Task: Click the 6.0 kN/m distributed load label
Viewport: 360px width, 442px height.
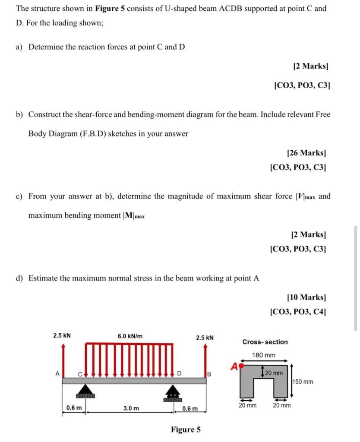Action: pos(130,336)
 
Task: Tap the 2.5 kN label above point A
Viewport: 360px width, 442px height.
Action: pos(62,335)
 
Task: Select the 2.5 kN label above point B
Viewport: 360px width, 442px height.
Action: pos(205,338)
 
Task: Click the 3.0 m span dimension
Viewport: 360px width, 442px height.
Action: pos(131,408)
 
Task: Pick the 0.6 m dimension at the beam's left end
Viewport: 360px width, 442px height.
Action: pos(74,408)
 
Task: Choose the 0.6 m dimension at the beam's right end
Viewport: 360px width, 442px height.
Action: pos(190,408)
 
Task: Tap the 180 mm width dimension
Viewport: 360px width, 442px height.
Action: pos(264,355)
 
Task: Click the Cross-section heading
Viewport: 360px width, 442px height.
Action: pos(265,342)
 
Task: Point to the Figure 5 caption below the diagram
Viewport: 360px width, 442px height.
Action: pos(186,429)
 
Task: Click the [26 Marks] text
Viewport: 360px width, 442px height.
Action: pos(306,152)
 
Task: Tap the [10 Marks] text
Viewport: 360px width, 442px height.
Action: pos(306,297)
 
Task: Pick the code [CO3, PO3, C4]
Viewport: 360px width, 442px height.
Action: pos(297,311)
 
